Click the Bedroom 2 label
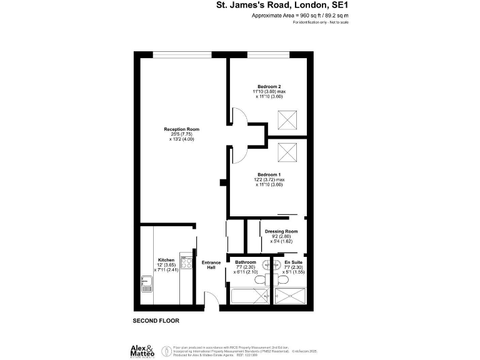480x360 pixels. (x=269, y=86)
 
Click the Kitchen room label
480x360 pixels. (x=166, y=259)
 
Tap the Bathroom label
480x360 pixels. (x=246, y=262)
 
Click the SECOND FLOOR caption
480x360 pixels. (x=156, y=321)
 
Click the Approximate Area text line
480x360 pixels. (x=299, y=14)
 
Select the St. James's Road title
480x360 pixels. (x=282, y=5)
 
